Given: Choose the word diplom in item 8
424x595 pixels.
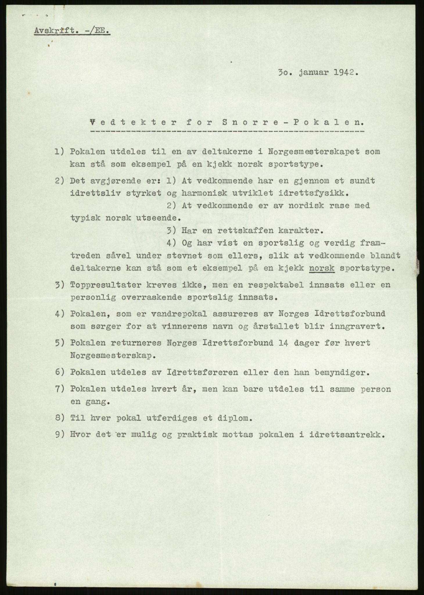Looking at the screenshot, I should pyautogui.click(x=236, y=418).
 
